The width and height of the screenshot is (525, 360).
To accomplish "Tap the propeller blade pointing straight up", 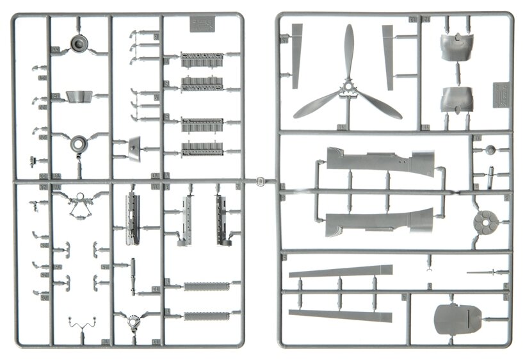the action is click(x=349, y=51).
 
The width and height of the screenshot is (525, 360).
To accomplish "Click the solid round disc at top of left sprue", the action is click(x=79, y=44).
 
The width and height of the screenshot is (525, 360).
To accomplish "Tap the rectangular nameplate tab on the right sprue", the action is click(x=501, y=94).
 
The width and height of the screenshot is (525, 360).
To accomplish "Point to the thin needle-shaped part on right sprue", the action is click(x=487, y=272).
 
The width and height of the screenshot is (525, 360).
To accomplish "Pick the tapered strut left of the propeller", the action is click(x=296, y=55).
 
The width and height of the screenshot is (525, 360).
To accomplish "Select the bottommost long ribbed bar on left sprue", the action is click(x=206, y=316).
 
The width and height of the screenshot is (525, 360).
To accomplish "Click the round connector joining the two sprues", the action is click(x=260, y=181).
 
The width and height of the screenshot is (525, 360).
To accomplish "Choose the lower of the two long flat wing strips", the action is click(x=339, y=315).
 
